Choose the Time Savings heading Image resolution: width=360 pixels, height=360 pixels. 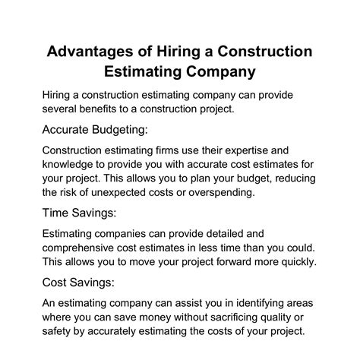pos(84,213)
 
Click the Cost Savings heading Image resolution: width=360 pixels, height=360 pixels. pos(84,282)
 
